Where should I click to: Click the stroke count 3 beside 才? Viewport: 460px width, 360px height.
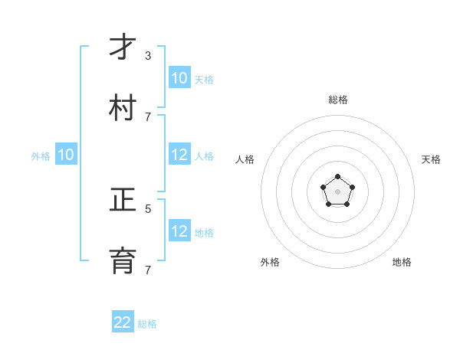(148, 56)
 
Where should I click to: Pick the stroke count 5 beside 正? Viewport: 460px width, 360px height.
(148, 208)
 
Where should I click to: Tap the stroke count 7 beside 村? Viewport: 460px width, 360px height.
(148, 116)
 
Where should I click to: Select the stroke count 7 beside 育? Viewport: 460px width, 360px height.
(148, 270)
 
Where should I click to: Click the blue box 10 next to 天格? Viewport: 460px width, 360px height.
(179, 78)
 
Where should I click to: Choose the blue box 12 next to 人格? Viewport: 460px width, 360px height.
(179, 155)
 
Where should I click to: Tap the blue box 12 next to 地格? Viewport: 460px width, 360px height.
(179, 231)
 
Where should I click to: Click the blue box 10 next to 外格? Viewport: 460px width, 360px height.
(66, 155)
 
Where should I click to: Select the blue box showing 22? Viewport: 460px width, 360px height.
(123, 322)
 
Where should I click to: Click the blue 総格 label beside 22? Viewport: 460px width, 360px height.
(147, 324)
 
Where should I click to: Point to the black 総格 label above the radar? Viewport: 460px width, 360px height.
(338, 100)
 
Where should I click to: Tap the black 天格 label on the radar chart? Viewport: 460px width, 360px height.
(431, 159)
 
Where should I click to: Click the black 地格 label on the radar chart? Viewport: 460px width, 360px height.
(402, 262)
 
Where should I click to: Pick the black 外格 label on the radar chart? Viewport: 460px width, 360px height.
(270, 262)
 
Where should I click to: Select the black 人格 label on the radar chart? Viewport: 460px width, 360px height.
(245, 159)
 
